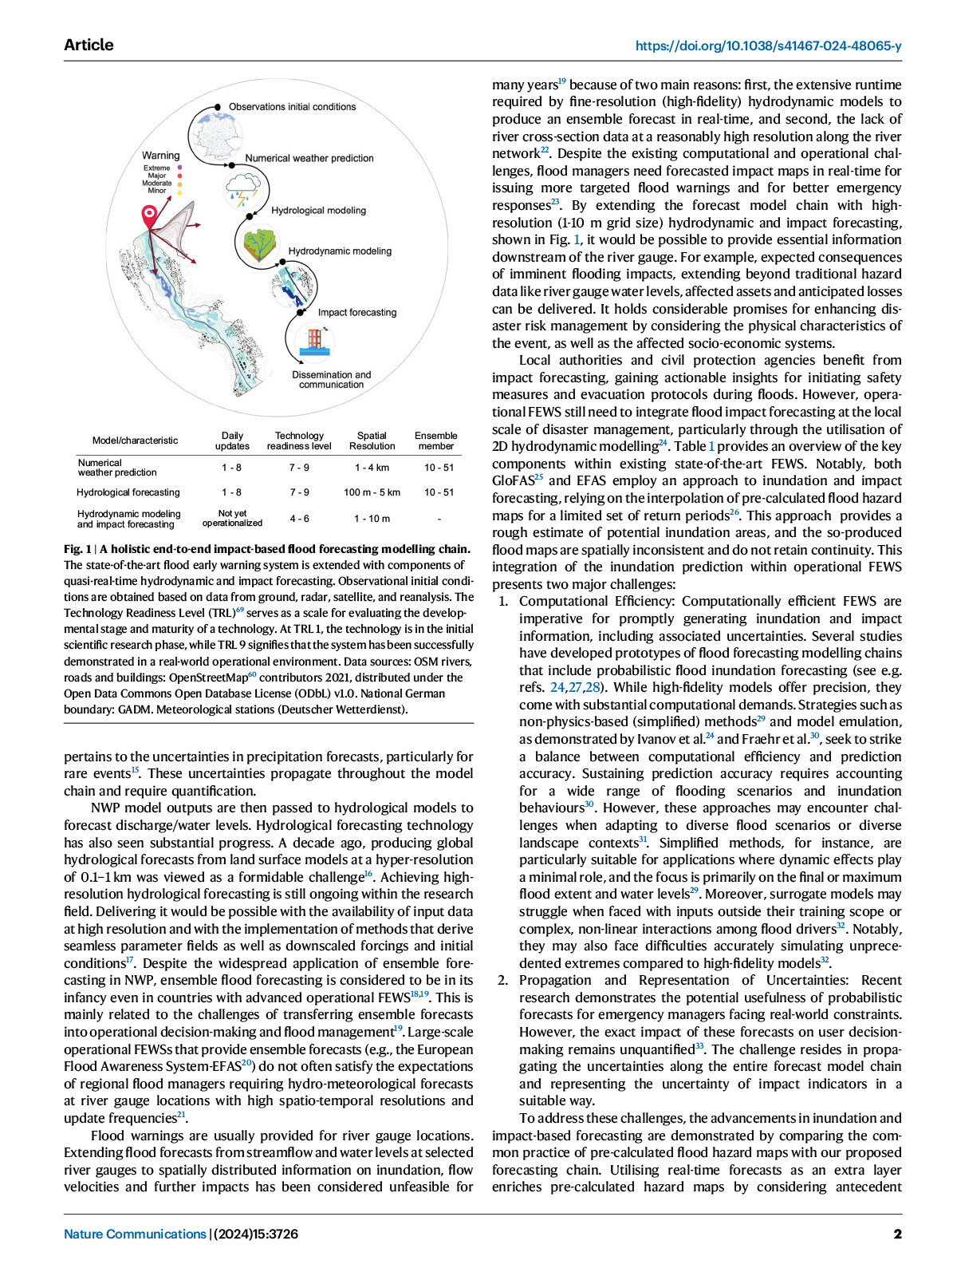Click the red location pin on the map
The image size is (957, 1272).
click(x=149, y=215)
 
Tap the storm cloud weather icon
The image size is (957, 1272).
click(x=242, y=189)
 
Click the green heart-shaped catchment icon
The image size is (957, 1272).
click(x=260, y=245)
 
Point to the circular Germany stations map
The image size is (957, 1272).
click(x=209, y=132)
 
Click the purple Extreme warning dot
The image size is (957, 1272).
click(x=180, y=168)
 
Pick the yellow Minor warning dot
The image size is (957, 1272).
click(x=180, y=192)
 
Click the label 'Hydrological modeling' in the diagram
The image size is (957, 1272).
click(x=318, y=211)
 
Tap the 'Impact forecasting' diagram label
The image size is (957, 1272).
click(x=356, y=313)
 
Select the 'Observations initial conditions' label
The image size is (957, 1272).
click(x=292, y=107)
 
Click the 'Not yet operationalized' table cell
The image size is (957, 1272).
click(x=232, y=519)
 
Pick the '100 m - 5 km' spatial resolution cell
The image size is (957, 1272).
click(x=372, y=492)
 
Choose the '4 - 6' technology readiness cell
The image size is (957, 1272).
click(x=299, y=519)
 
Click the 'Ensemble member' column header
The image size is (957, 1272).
click(x=436, y=441)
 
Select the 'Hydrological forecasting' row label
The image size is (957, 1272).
click(x=128, y=492)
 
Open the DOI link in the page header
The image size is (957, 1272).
click(x=768, y=46)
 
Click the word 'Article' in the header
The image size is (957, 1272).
click(x=89, y=45)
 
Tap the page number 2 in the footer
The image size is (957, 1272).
click(x=897, y=1234)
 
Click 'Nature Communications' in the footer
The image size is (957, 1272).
click(x=135, y=1234)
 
